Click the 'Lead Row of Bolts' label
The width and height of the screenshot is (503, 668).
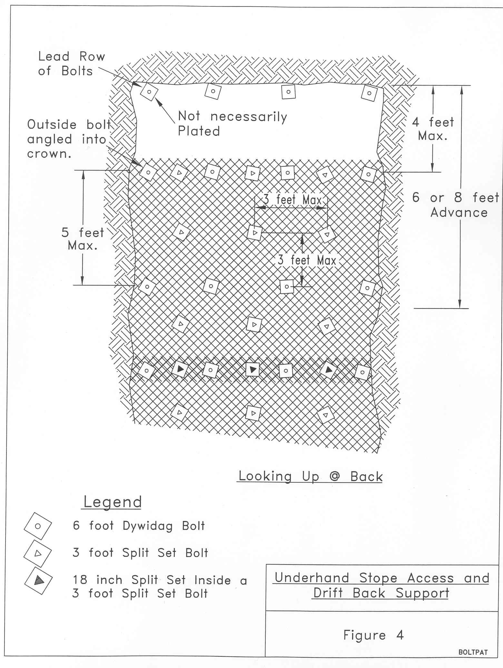click(72, 64)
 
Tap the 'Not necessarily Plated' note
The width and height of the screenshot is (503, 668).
click(232, 123)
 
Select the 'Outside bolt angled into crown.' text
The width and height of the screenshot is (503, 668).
click(69, 139)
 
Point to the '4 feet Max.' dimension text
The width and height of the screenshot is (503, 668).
click(433, 129)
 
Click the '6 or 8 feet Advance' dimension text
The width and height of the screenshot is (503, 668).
click(456, 205)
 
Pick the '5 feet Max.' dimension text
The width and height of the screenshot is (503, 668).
click(83, 239)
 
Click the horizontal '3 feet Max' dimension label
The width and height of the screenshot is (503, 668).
click(293, 200)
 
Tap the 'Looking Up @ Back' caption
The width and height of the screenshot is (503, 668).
click(311, 476)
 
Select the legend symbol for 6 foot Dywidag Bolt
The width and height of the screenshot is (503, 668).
click(38, 526)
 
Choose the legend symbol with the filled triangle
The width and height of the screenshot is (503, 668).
click(38, 580)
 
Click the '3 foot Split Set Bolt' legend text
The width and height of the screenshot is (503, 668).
click(140, 553)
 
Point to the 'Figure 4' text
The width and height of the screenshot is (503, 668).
click(373, 635)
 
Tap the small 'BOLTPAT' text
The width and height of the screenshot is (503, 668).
click(473, 652)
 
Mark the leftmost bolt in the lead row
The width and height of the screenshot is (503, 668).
click(149, 92)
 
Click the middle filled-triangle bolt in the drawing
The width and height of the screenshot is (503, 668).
click(252, 369)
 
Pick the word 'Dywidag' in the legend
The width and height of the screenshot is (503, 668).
click(148, 526)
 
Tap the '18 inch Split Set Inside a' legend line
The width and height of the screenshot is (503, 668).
click(160, 580)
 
